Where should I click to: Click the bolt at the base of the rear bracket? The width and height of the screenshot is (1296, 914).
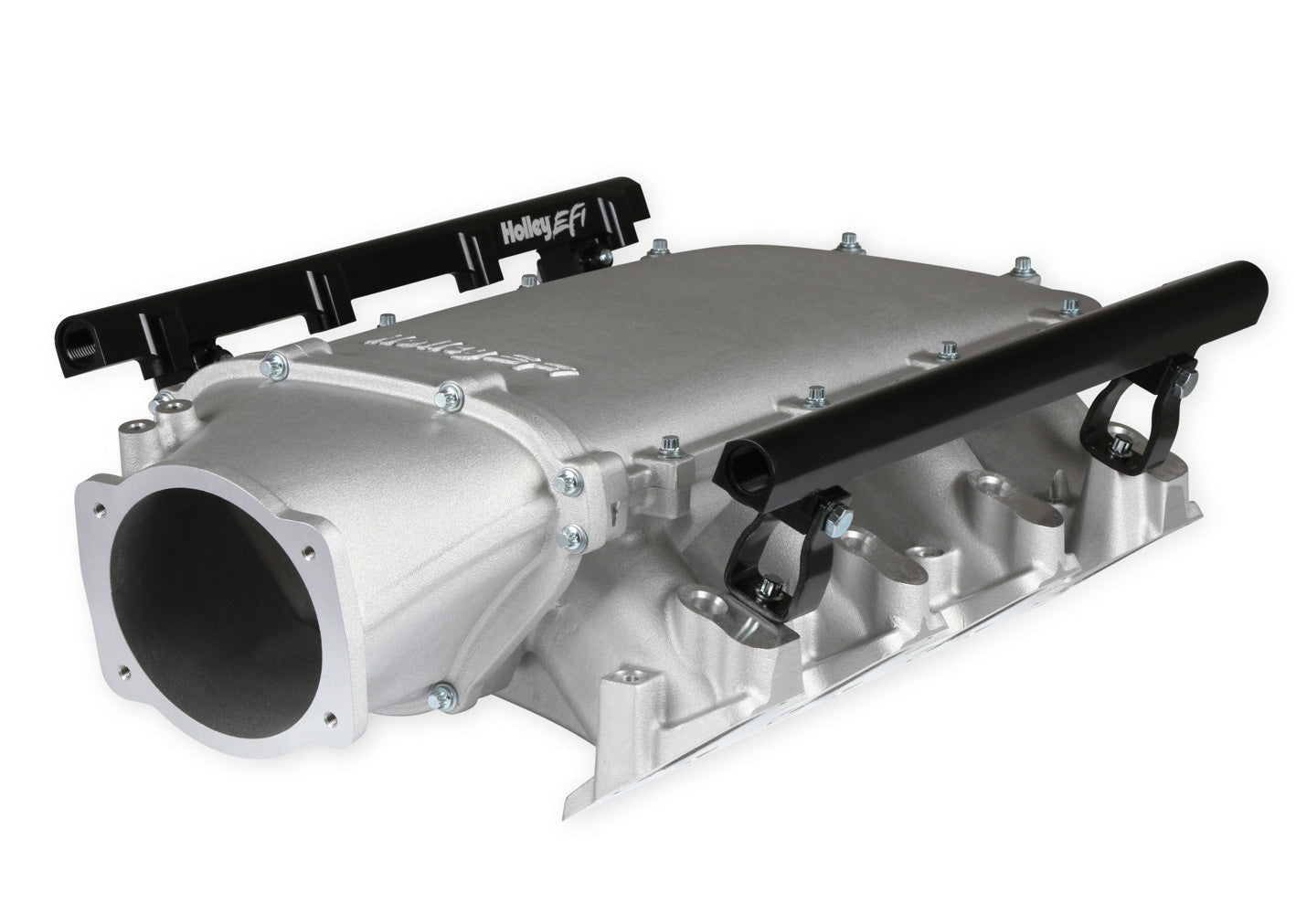click(1116, 446)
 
